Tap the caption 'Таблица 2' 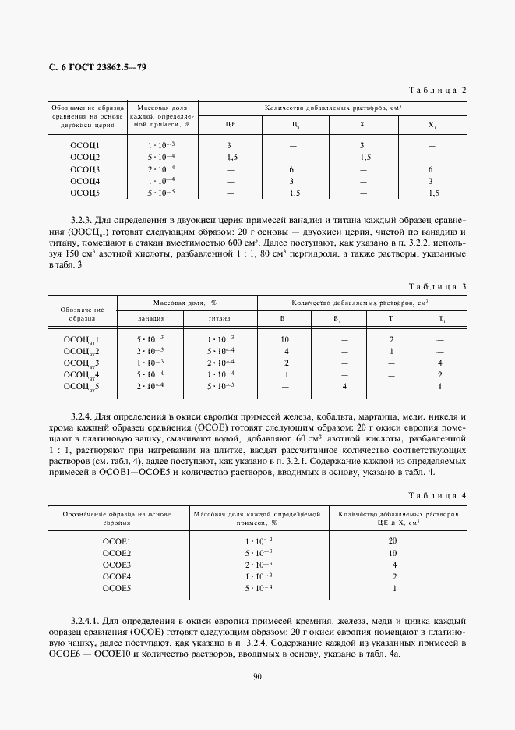pos(436,90)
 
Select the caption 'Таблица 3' pos(436,286)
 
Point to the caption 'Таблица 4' pos(436,495)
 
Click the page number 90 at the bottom pos(257,676)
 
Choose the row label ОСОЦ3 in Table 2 pos(85,168)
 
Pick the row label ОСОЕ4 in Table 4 pos(117,576)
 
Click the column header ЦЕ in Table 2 pos(231,125)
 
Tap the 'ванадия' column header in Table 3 pos(151,318)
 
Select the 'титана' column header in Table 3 pos(220,318)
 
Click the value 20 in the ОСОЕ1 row pos(393,540)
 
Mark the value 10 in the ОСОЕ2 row pos(393,552)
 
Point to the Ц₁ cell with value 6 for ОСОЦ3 pos(291,168)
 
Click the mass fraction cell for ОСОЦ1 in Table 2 pos(161,145)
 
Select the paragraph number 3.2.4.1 pos(87,619)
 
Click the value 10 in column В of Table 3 pos(286,339)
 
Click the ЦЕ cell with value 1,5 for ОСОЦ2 pos(231,157)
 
